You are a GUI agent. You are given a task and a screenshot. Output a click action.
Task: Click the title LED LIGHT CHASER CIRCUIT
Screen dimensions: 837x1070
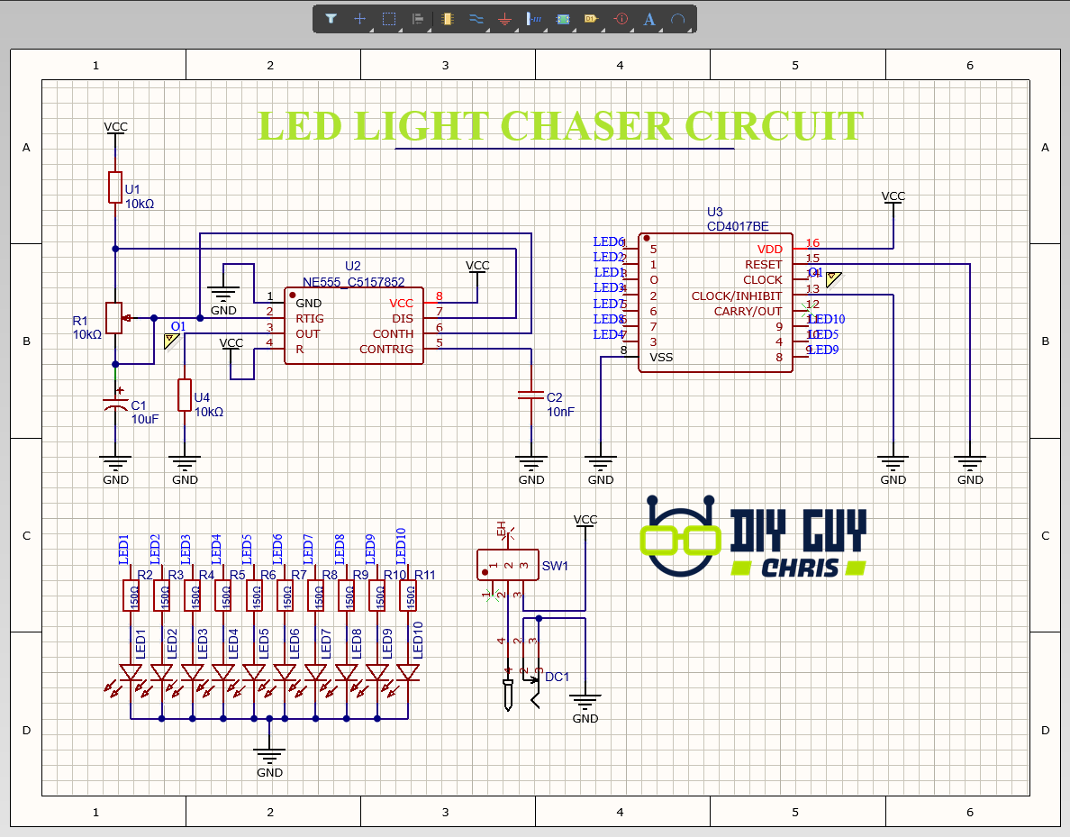pyautogui.click(x=560, y=126)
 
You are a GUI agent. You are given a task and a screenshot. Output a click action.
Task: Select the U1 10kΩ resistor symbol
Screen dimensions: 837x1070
pyautogui.click(x=115, y=187)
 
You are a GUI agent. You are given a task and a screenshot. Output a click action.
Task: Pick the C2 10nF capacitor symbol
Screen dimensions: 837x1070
pyautogui.click(x=531, y=396)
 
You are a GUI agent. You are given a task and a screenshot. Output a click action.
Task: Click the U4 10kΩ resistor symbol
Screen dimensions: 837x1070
pyautogui.click(x=185, y=396)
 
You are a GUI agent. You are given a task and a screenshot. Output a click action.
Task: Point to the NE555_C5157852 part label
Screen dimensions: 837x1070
pyautogui.click(x=353, y=280)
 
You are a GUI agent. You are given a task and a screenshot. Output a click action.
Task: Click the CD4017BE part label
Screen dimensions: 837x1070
pyautogui.click(x=738, y=226)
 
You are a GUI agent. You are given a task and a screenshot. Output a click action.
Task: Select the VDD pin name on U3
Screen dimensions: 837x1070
pyautogui.click(x=769, y=249)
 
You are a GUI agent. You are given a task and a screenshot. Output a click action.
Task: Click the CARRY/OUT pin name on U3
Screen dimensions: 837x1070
pyautogui.click(x=748, y=311)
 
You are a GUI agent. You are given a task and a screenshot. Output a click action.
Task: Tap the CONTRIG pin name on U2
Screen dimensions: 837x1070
pyautogui.click(x=386, y=349)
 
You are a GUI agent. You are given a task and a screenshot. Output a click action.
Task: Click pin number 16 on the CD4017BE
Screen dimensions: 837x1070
pyautogui.click(x=812, y=243)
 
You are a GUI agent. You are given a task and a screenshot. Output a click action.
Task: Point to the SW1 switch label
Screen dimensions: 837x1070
pyautogui.click(x=555, y=567)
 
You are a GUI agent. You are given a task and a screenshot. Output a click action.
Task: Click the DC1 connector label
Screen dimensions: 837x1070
pyautogui.click(x=558, y=677)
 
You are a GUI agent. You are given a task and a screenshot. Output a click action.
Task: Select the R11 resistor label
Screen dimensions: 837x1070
pyautogui.click(x=424, y=575)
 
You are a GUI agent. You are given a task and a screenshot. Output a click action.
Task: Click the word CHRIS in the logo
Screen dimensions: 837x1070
pyautogui.click(x=798, y=568)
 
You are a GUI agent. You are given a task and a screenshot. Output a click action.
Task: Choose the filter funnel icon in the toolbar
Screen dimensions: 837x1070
pyautogui.click(x=331, y=19)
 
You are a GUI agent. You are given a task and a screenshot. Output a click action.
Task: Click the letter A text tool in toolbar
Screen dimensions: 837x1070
pyautogui.click(x=649, y=19)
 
